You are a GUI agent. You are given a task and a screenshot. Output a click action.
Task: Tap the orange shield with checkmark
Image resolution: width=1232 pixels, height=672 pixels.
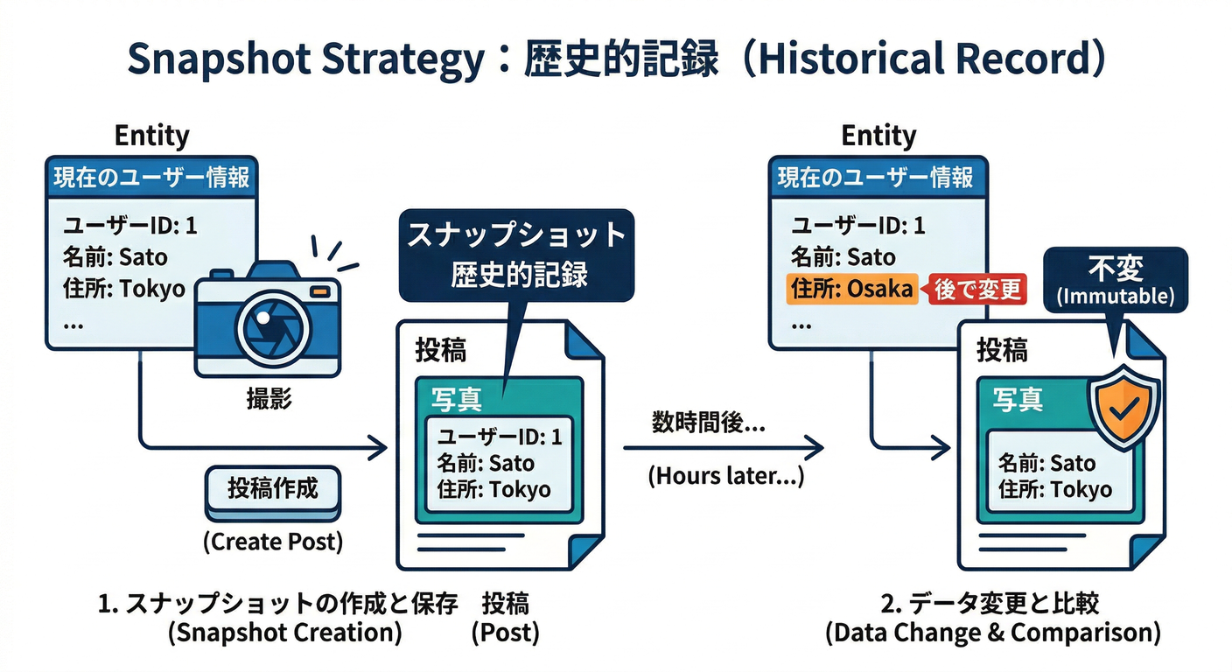click(x=1123, y=404)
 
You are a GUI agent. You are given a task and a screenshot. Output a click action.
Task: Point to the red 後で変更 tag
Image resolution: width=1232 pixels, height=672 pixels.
click(x=976, y=290)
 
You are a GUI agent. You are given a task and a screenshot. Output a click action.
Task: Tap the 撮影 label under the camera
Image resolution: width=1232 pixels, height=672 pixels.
click(x=269, y=400)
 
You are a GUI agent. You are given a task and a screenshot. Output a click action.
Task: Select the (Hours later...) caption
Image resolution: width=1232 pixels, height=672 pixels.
click(x=725, y=478)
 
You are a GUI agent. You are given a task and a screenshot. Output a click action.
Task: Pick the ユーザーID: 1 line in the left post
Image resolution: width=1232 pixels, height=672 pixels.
click(x=499, y=437)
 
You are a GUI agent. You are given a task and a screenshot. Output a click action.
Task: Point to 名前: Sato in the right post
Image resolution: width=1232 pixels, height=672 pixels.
click(x=1046, y=463)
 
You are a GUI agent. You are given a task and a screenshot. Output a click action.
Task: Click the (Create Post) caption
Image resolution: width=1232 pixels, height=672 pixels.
click(x=273, y=542)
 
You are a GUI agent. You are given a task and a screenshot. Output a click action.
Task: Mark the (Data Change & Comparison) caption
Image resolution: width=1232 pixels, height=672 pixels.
click(x=992, y=633)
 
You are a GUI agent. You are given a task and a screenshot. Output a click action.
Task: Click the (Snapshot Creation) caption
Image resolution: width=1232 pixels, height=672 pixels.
click(x=285, y=633)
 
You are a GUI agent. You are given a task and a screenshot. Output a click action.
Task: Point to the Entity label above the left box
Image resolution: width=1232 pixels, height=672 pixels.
click(x=151, y=136)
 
